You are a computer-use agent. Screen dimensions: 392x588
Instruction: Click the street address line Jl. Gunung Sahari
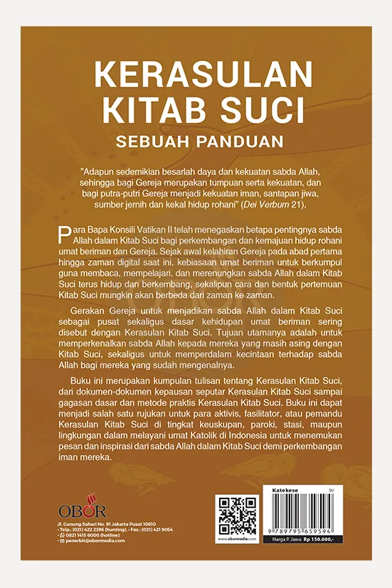(x=107, y=523)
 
